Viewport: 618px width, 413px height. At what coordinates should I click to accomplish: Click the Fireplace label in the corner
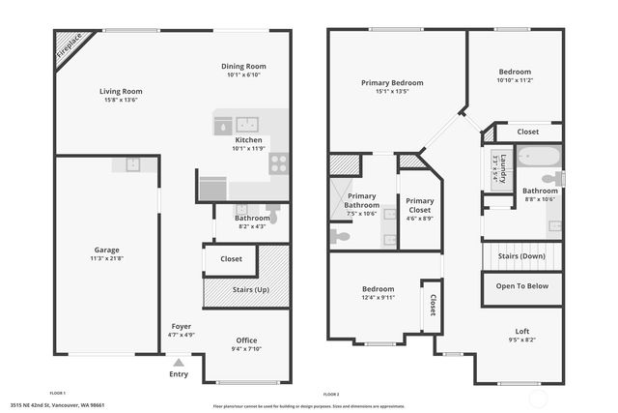[x=70, y=49]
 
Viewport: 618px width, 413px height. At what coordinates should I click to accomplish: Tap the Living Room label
[x=121, y=93]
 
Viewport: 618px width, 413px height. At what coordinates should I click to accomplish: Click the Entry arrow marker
[x=178, y=363]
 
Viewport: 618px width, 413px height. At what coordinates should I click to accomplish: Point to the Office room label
[x=246, y=339]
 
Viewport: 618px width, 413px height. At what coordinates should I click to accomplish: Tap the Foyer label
[x=182, y=327]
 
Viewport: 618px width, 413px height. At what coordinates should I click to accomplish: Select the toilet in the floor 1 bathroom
[x=273, y=215]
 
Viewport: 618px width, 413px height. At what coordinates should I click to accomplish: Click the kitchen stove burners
[x=280, y=162]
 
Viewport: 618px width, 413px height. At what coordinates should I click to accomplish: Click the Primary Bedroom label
[x=392, y=83]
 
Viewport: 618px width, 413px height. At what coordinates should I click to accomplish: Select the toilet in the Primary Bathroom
[x=340, y=235]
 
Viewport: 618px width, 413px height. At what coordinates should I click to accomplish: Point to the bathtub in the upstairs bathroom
[x=536, y=157]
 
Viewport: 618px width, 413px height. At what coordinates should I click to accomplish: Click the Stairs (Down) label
[x=521, y=256]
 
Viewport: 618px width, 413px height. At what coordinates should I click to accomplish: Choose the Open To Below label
[x=522, y=286]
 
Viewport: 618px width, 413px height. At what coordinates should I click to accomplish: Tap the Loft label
[x=521, y=331]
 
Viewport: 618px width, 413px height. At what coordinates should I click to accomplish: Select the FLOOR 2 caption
[x=331, y=394]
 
